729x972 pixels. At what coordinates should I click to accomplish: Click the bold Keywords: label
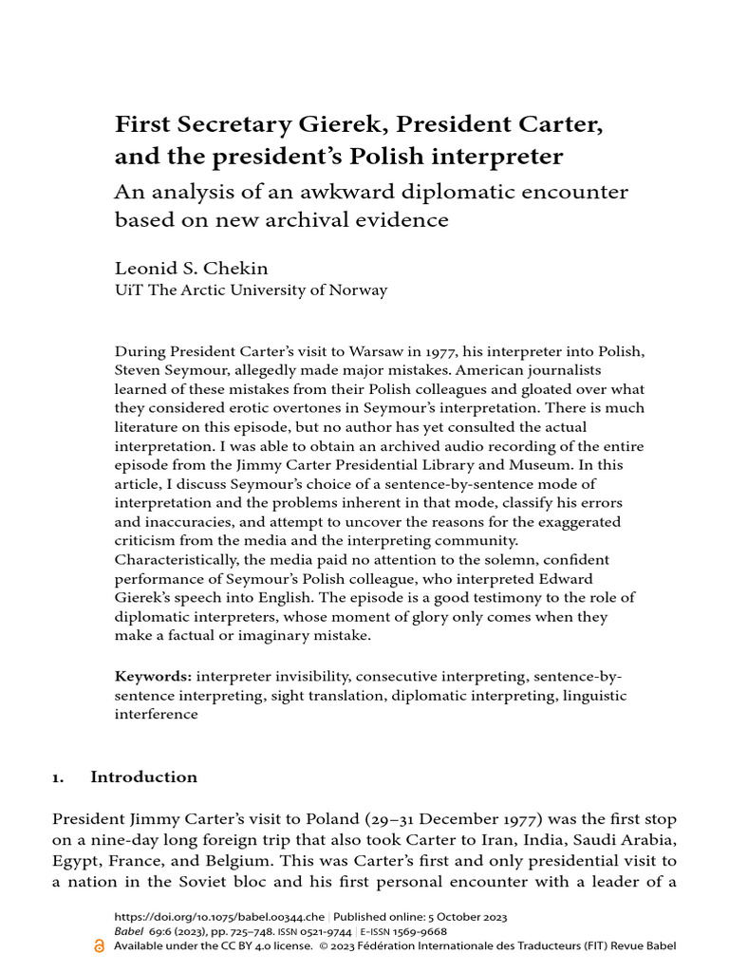tap(153, 676)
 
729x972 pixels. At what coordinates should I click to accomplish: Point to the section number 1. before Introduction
tap(59, 776)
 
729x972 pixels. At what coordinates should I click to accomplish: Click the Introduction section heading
tap(143, 776)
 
